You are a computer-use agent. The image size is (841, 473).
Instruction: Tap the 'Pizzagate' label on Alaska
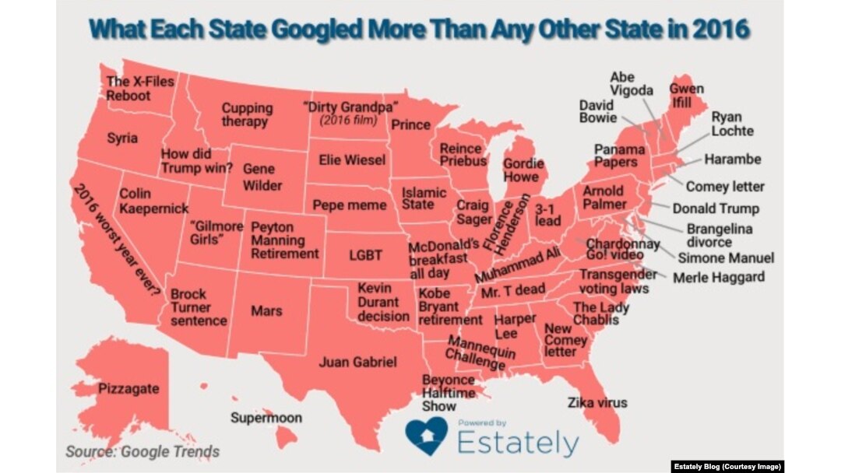point(128,387)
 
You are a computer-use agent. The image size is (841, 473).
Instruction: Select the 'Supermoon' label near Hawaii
point(266,418)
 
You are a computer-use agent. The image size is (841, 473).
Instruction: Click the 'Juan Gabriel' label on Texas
point(358,362)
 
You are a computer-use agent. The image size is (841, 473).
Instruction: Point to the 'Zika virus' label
point(597,402)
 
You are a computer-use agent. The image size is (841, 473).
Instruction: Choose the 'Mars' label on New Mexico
point(266,311)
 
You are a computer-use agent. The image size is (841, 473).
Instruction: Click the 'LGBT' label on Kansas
point(364,254)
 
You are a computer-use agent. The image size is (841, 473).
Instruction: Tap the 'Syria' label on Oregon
point(122,138)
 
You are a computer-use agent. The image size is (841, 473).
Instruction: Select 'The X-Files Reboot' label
point(140,88)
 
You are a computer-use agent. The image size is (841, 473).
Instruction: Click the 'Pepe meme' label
point(350,205)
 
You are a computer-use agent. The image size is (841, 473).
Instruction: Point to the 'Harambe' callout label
point(732,159)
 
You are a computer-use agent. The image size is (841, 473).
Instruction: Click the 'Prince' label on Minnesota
point(410,124)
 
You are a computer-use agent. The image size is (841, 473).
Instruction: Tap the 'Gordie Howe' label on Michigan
point(523,170)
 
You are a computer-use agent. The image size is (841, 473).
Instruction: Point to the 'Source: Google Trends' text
point(143,451)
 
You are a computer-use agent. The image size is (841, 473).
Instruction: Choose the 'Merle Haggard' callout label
point(718,277)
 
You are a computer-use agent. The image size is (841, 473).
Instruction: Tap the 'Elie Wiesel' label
point(352,159)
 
